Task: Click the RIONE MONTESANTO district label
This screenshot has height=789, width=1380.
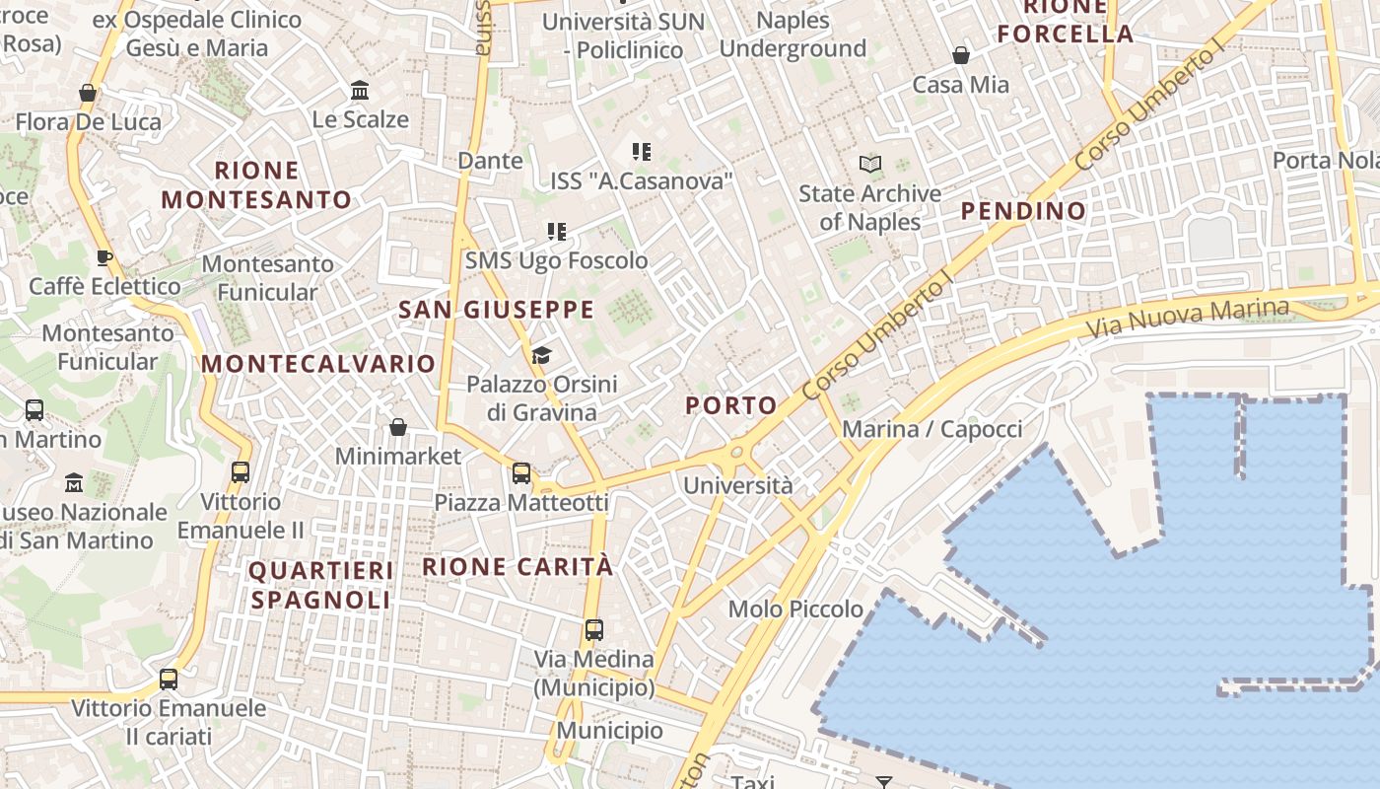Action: pos(256,185)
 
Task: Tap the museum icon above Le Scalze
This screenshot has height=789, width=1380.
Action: pos(360,91)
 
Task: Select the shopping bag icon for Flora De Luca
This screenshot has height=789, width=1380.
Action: pos(88,93)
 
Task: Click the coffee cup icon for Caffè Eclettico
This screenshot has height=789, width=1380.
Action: pos(104,258)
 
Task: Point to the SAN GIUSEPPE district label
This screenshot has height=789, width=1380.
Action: pos(496,310)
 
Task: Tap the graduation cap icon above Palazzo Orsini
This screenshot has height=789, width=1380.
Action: pos(541,355)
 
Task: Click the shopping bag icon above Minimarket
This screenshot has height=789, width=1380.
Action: pos(398,427)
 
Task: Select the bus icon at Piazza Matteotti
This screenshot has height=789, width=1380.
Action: pos(521,473)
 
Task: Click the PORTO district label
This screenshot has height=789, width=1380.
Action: pos(730,404)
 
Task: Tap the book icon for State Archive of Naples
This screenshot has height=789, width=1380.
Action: pos(870,164)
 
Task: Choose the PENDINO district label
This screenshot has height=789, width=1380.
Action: pos(1023,210)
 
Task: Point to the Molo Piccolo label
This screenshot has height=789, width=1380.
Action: pos(795,610)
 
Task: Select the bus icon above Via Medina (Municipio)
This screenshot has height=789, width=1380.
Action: pos(593,629)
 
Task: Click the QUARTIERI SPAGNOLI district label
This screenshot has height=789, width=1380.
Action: pos(320,585)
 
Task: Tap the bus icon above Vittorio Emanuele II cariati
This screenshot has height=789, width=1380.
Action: pos(169,680)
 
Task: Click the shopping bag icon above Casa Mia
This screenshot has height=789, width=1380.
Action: pos(961,55)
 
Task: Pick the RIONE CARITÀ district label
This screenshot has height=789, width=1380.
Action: pos(517,566)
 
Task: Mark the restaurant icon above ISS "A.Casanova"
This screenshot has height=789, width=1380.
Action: pos(642,152)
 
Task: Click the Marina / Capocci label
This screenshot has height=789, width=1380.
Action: pos(931,429)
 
